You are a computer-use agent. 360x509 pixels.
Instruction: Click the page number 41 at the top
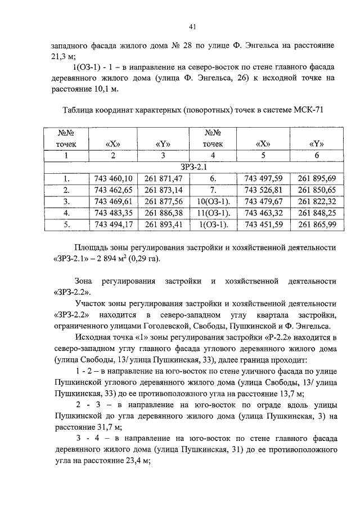pyautogui.click(x=192, y=26)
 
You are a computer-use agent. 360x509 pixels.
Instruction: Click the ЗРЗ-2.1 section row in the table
pyautogui.click(x=193, y=166)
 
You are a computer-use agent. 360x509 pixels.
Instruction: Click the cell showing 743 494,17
pyautogui.click(x=114, y=225)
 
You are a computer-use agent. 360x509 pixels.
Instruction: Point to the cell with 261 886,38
pyautogui.click(x=164, y=213)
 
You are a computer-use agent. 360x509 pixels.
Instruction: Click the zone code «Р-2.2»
pyautogui.click(x=290, y=337)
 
